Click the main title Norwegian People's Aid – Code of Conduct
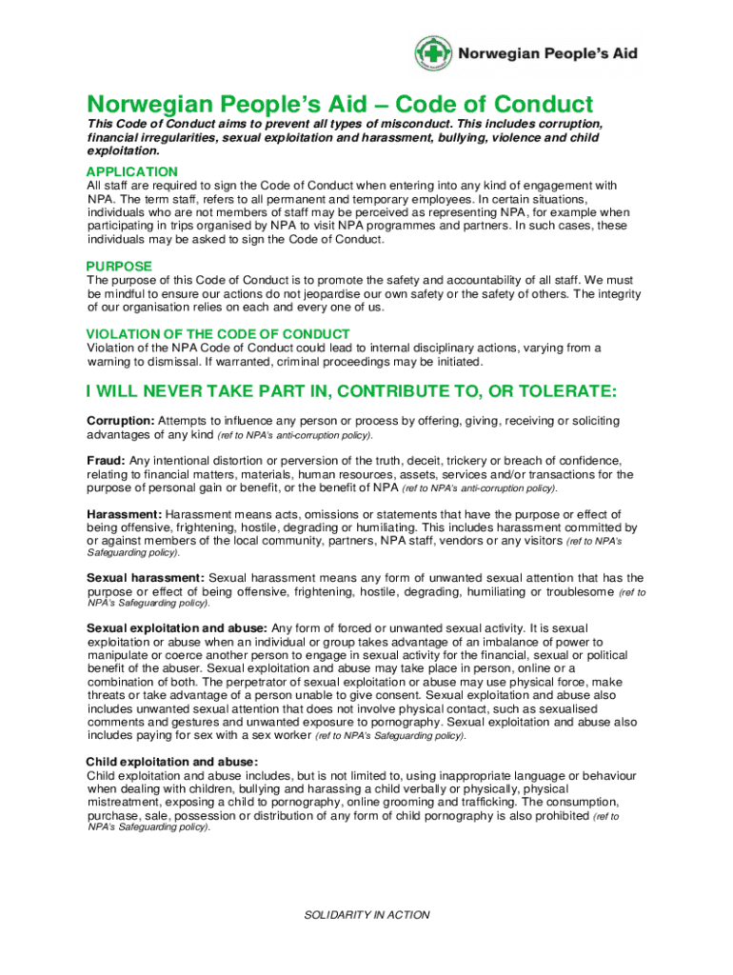click(340, 104)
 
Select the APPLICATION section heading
click(131, 171)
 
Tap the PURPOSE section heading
click(119, 266)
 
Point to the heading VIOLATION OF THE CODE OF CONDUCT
click(218, 334)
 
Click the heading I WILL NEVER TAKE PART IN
click(351, 391)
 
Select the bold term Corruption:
click(120, 421)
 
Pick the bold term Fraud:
click(106, 460)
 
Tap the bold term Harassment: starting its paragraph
click(124, 514)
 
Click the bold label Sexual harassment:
click(145, 578)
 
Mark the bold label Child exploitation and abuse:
click(171, 762)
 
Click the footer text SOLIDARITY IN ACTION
click(366, 915)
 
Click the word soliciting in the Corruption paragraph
click(592, 421)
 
